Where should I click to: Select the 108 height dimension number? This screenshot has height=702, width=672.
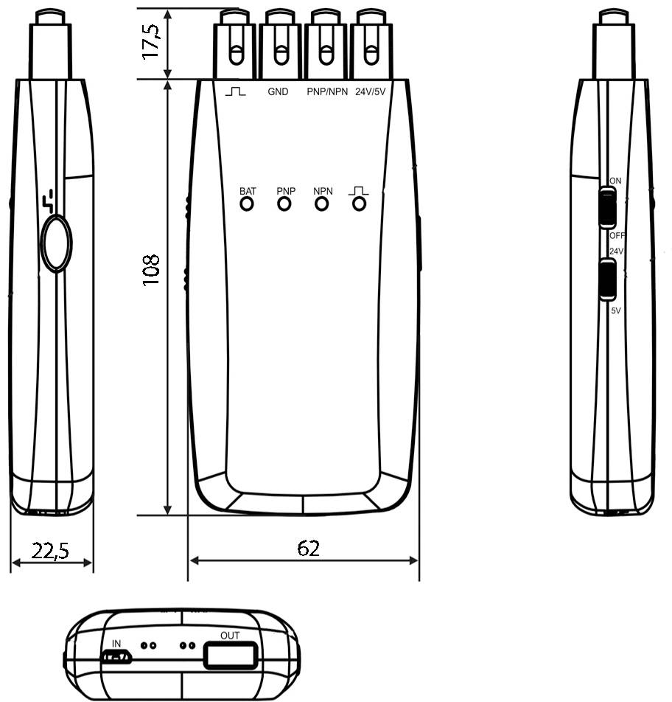[151, 271]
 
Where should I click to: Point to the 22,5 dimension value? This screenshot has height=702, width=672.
[52, 550]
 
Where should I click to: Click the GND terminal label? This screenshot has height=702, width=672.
[278, 93]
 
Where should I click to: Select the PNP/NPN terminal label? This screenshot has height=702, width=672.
[326, 93]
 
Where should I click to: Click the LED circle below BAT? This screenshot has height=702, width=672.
[247, 204]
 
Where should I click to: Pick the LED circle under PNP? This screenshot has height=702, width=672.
[284, 204]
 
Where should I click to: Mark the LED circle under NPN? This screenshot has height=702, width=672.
[321, 204]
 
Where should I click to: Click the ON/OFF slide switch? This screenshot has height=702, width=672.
[608, 208]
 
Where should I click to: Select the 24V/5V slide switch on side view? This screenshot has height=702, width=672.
[609, 279]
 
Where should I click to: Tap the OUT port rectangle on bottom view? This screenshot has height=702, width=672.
[231, 655]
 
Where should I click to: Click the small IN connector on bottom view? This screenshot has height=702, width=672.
[116, 656]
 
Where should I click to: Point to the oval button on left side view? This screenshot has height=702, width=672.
[56, 243]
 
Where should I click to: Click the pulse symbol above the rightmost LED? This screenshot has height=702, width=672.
[359, 190]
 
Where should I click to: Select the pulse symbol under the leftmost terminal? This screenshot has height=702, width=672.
[236, 92]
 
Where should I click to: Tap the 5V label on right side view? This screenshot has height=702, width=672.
[616, 311]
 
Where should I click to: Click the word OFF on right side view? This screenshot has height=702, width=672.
[617, 236]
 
